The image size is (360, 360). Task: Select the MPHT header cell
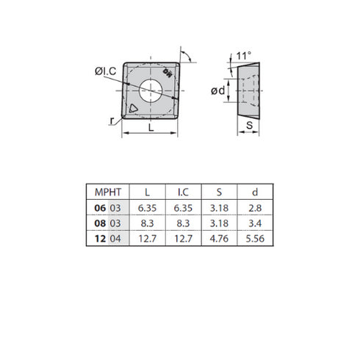(98, 193)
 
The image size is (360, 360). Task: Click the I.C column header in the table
(184, 193)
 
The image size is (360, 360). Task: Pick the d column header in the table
(253, 193)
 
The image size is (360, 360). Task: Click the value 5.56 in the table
(253, 238)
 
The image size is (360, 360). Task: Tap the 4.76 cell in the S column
(218, 238)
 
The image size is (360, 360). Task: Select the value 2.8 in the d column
(253, 209)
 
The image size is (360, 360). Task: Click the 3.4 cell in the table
(253, 223)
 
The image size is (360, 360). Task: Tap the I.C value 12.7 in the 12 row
(184, 238)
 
